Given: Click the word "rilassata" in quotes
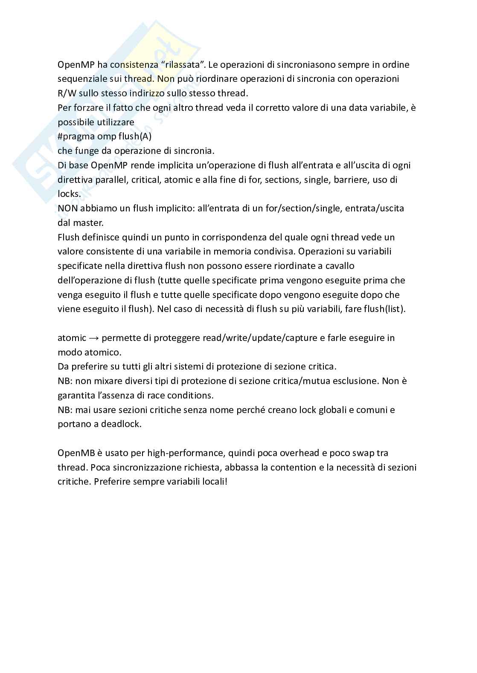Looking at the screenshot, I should tap(184, 65).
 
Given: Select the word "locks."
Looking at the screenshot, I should tap(69, 194).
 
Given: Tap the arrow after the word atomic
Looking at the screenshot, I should tap(94, 338).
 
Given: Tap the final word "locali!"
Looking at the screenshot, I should tap(214, 482).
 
